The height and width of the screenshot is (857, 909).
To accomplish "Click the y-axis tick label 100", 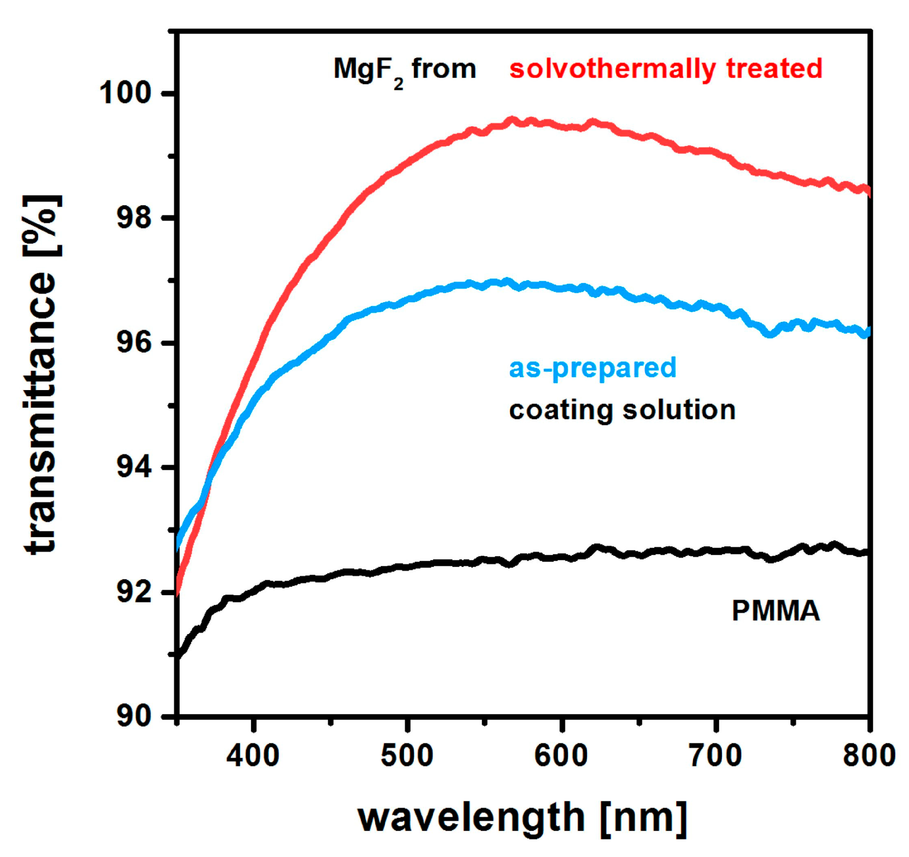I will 125,94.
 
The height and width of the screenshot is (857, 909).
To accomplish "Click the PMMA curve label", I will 775,611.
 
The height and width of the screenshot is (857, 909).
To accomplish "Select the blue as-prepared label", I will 592,368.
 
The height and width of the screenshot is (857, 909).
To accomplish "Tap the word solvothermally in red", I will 612,70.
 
